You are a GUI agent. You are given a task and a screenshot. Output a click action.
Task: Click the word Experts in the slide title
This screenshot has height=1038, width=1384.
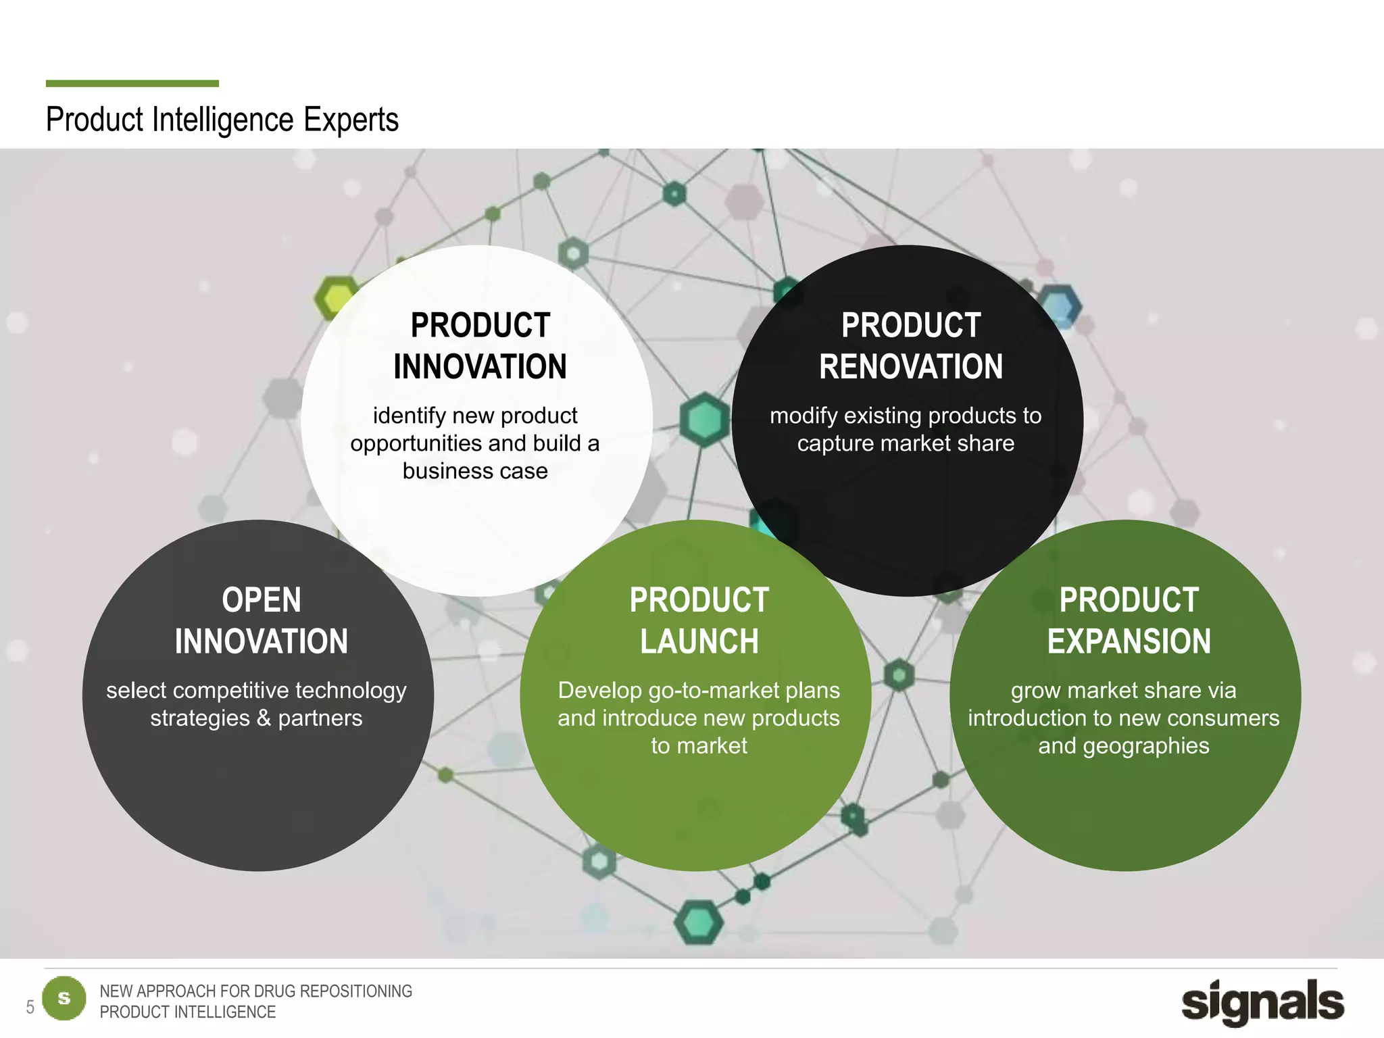coord(351,120)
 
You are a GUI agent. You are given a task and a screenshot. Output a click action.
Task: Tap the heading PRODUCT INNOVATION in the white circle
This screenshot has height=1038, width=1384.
coord(480,346)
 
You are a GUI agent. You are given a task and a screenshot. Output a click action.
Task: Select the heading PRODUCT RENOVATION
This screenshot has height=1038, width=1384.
coord(910,346)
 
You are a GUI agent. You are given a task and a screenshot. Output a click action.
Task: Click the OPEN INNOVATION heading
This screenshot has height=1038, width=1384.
coord(262,620)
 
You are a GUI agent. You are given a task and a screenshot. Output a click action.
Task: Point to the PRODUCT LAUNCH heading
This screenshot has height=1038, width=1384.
coord(699,620)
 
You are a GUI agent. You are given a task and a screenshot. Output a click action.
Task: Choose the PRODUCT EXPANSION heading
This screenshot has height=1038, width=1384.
coord(1129,620)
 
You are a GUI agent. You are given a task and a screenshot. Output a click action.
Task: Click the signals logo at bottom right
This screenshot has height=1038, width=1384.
coord(1262,1002)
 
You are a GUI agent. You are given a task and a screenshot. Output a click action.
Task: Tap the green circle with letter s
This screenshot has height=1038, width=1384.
coord(64,998)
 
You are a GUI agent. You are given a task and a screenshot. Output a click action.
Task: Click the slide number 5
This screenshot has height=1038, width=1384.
coord(30,1008)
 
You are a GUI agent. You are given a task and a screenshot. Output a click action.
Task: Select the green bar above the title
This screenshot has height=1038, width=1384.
coord(132,84)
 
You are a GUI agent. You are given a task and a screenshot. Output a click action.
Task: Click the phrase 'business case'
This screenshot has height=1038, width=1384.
coord(475,471)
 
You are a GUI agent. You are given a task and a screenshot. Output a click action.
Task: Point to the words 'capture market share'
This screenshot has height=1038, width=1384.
coord(906,443)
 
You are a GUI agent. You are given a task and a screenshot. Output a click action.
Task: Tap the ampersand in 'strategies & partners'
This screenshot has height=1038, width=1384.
coord(264,718)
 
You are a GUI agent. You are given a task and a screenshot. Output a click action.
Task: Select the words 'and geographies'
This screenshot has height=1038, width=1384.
coord(1124,746)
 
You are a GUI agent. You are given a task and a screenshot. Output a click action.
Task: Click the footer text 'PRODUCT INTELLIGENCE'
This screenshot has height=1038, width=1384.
coord(188,1012)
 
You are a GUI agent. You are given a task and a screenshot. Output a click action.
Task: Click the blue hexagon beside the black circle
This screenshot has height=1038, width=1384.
coord(1059,305)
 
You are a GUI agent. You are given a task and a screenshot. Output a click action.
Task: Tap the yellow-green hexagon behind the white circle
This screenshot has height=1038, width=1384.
coord(335,296)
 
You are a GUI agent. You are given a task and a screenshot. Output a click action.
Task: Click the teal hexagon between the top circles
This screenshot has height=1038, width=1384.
coord(704,419)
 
